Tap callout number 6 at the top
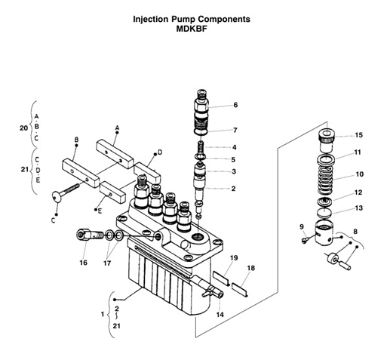coord(235,105)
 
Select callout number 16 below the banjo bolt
coord(83,263)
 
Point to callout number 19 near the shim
coord(235,258)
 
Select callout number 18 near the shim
coord(251,268)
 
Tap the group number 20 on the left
coord(24,128)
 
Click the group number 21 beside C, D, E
coord(24,170)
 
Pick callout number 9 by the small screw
coord(301,226)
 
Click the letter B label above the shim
coord(76,140)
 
